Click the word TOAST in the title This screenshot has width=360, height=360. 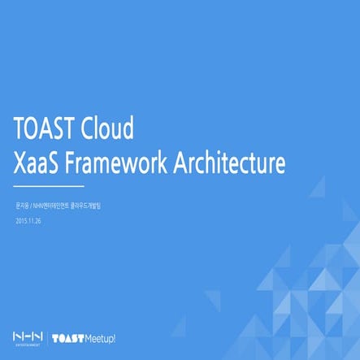click(45, 128)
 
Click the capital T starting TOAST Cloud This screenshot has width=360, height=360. click(20, 128)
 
